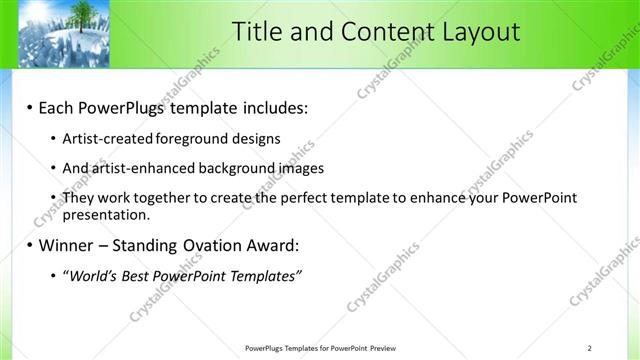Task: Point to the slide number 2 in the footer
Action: point(589,348)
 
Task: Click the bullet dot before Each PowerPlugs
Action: point(30,107)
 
